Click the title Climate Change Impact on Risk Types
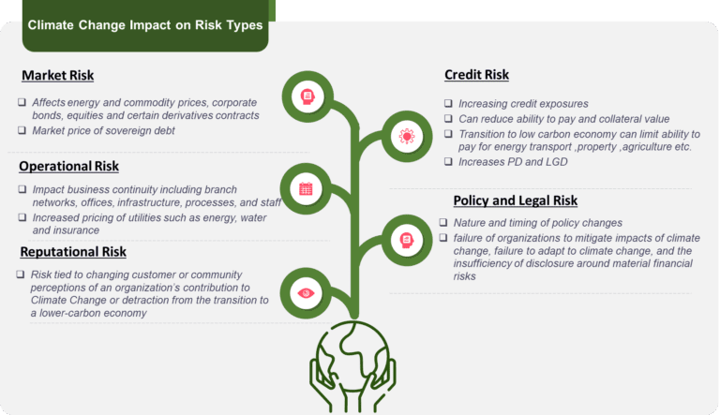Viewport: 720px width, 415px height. pos(145,26)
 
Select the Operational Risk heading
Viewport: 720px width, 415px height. pos(68,166)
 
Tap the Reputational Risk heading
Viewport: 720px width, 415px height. pos(72,251)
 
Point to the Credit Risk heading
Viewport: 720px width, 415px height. pos(476,75)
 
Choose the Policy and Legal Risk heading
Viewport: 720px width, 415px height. pos(515,200)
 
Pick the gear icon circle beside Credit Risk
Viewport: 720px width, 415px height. pos(406,136)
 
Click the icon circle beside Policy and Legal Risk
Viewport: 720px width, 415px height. pos(406,241)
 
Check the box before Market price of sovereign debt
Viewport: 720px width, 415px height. pos(22,130)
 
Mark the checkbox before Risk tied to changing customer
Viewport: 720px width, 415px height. pos(22,274)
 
